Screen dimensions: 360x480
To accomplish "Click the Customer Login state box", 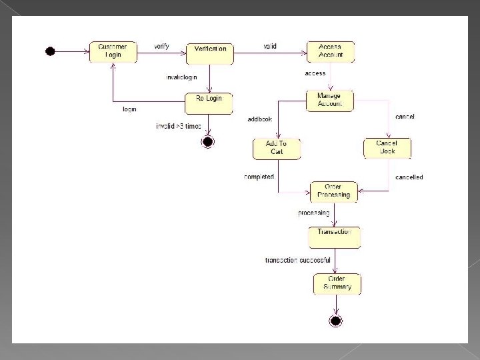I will [x=113, y=52].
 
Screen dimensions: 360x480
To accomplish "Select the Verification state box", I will [x=210, y=53].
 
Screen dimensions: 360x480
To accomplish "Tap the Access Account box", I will [x=330, y=51].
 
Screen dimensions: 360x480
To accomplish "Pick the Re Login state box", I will [x=209, y=103].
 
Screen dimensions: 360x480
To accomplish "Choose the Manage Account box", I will [x=329, y=100].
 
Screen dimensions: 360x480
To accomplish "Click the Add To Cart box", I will [x=277, y=148].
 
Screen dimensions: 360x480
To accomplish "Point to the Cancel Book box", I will [x=387, y=147].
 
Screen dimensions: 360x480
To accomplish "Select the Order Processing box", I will [x=334, y=191].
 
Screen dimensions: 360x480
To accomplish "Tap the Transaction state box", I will [x=334, y=237].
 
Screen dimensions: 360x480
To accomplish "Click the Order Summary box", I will [x=337, y=283].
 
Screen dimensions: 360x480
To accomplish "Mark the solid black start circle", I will [x=49, y=51].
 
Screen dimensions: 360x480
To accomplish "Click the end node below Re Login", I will [x=208, y=141].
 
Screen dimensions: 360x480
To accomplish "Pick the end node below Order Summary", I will [x=336, y=321].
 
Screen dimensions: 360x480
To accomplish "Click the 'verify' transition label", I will [x=161, y=46].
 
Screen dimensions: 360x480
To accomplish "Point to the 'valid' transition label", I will [x=269, y=46].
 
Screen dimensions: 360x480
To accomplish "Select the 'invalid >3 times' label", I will [x=178, y=126].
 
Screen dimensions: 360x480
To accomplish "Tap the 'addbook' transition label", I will [x=259, y=119].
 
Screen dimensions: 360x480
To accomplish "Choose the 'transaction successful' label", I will [x=297, y=260].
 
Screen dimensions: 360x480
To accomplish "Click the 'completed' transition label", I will [x=259, y=177].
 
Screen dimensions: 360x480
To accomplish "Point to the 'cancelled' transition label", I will [x=409, y=177].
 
